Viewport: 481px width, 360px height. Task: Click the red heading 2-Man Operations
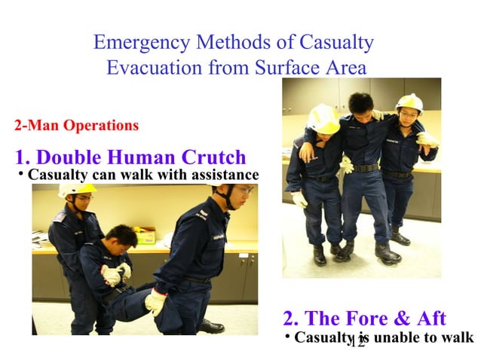(76, 125)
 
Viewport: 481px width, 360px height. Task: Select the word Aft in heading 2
(427, 318)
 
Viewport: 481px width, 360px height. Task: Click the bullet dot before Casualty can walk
(20, 175)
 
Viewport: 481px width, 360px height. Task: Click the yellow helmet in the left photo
(78, 189)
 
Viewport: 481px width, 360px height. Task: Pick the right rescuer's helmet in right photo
(409, 102)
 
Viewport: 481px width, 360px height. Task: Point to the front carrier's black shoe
(210, 326)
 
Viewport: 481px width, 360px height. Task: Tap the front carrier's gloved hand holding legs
(155, 301)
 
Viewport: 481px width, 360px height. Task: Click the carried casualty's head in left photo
(121, 236)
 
